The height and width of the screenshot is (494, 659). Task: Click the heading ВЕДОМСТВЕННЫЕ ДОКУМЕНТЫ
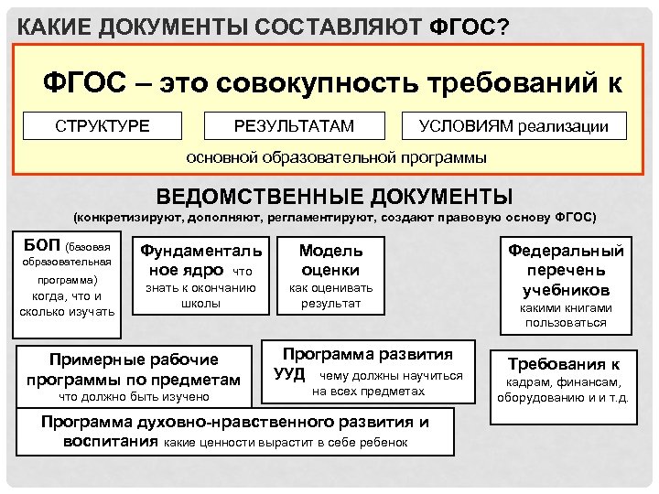335,197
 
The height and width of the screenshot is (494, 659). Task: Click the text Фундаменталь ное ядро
200,260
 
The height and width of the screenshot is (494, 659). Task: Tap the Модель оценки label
331,260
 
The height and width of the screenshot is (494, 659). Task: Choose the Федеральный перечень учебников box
567,270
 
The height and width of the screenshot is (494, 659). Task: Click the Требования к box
564,362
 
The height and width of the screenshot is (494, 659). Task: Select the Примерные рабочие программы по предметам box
134,370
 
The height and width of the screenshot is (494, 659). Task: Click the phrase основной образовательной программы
337,157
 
